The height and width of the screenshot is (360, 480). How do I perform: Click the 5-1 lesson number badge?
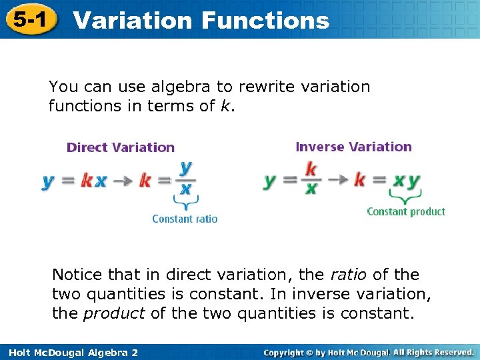click(x=29, y=19)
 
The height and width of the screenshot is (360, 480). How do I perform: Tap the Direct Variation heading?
click(x=121, y=147)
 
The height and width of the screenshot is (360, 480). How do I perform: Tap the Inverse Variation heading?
click(x=353, y=147)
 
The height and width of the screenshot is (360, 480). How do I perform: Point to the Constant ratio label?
click(x=185, y=219)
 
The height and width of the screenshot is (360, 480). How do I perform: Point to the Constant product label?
click(x=406, y=211)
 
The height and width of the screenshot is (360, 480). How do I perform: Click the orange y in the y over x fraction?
click(x=185, y=167)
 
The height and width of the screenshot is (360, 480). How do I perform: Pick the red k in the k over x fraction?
click(x=311, y=167)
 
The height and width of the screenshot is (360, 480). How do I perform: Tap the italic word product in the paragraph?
click(x=113, y=313)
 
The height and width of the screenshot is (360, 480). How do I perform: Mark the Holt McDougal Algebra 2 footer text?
click(x=70, y=352)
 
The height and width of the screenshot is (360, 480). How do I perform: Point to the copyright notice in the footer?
click(x=368, y=352)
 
